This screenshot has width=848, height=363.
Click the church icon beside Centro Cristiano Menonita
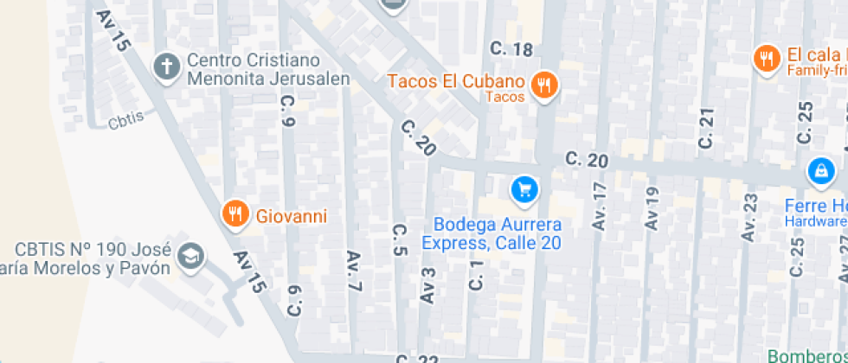click(166, 66)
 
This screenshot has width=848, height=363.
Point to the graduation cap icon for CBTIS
click(190, 256)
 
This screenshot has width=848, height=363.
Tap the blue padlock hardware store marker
click(819, 171)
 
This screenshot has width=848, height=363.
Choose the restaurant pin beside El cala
click(766, 59)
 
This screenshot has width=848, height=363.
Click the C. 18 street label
click(511, 50)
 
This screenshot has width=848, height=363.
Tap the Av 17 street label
click(600, 205)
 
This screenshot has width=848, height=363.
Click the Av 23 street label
click(749, 215)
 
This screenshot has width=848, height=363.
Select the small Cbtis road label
click(126, 123)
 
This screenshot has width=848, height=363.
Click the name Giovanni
click(292, 215)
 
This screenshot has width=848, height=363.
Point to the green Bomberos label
click(808, 355)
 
